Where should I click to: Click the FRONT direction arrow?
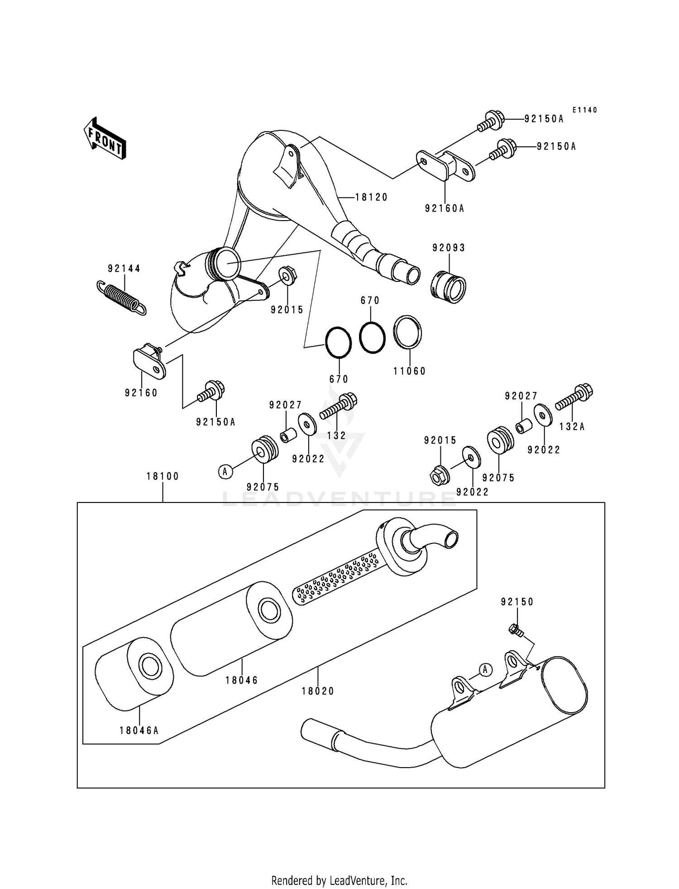click(105, 138)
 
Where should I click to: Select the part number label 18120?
click(371, 198)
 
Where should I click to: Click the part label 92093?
click(449, 248)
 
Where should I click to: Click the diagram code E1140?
click(584, 110)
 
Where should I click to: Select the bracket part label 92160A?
click(445, 208)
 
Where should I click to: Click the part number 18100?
click(163, 476)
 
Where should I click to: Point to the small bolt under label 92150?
click(515, 629)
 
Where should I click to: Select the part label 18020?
click(318, 691)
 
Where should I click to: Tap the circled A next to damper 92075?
click(225, 472)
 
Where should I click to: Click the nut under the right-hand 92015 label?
click(439, 475)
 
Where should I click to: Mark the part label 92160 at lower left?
click(141, 393)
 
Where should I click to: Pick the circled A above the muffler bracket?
click(485, 669)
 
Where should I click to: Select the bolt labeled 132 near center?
click(339, 407)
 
